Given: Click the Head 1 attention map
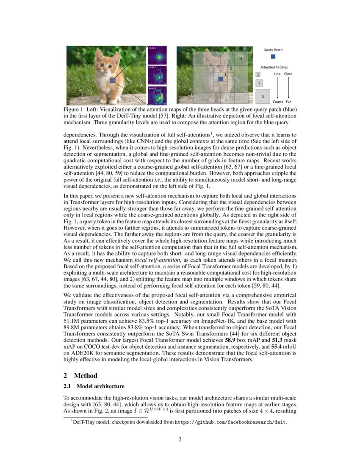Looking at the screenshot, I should [157, 55].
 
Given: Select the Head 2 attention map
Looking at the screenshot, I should [157, 75].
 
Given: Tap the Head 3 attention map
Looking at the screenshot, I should [157, 96].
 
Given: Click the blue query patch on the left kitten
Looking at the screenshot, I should [113, 80].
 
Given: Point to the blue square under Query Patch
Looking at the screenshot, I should [273, 56].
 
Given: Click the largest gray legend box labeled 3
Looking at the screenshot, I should [263, 96].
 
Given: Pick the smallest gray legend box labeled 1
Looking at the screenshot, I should [258, 75].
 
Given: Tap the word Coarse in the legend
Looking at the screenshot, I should [278, 102].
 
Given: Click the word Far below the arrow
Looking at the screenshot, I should [288, 102].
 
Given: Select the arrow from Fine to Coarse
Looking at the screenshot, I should [277, 88].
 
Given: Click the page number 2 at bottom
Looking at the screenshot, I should [180, 439].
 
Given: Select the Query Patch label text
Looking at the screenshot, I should [273, 50].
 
